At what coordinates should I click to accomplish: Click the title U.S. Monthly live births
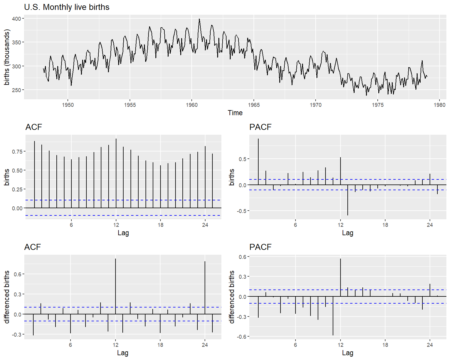[x=67, y=7]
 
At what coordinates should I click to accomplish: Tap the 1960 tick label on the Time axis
[x=192, y=105]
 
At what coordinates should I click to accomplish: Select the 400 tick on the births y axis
[x=16, y=19]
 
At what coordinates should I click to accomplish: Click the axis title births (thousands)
[x=7, y=57]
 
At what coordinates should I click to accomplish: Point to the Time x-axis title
[x=235, y=113]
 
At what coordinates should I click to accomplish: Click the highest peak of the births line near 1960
[x=199, y=19]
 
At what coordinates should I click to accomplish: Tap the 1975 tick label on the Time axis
[x=378, y=105]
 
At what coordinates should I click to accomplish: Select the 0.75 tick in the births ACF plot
[x=17, y=151]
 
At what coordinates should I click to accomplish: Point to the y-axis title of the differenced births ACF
[x=7, y=297]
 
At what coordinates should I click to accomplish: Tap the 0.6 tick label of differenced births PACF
[x=243, y=257]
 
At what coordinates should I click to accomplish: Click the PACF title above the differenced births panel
[x=260, y=247]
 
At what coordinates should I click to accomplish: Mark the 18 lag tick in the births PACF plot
[x=385, y=225]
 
